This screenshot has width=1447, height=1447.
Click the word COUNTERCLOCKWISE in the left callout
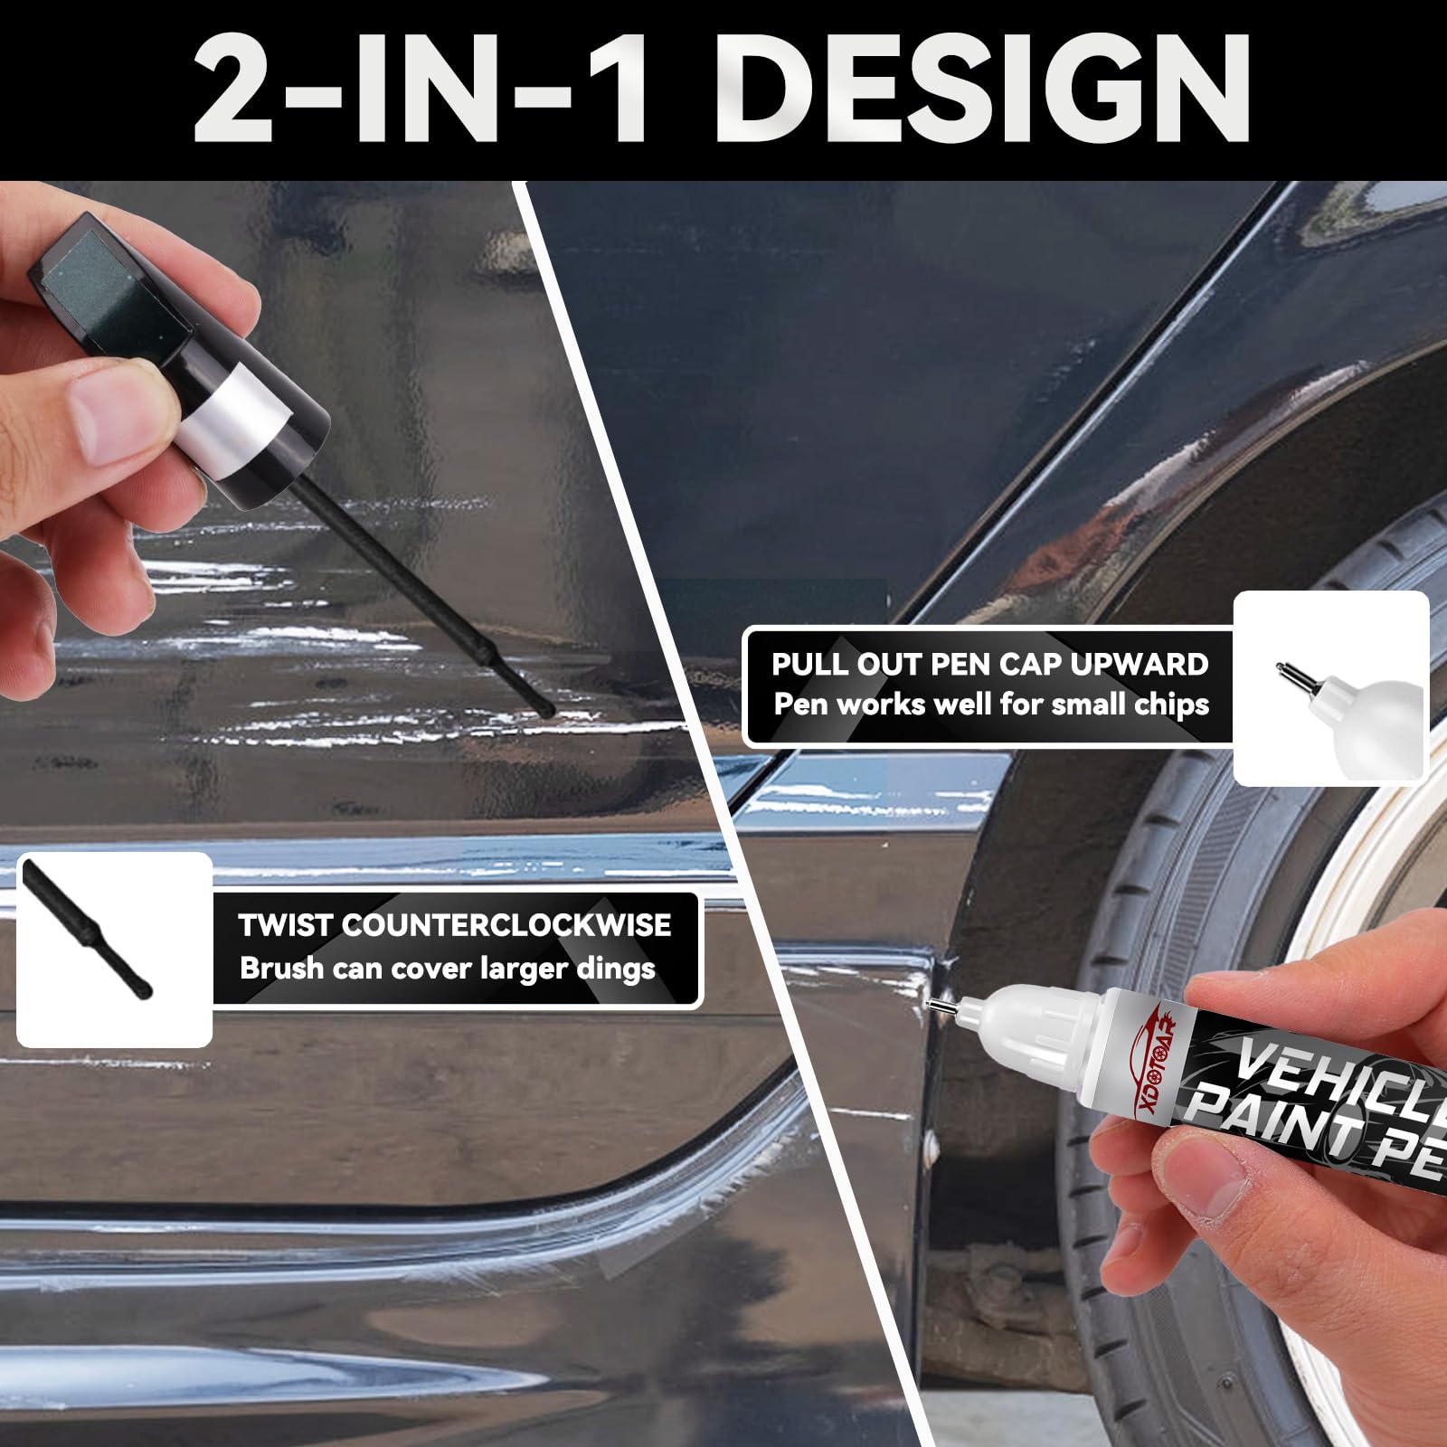point(506,925)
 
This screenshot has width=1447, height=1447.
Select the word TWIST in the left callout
point(286,925)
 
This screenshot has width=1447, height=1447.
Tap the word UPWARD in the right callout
point(1140,664)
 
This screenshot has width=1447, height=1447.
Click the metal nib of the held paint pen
point(941,1004)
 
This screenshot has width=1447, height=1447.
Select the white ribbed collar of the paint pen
point(1040,1026)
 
